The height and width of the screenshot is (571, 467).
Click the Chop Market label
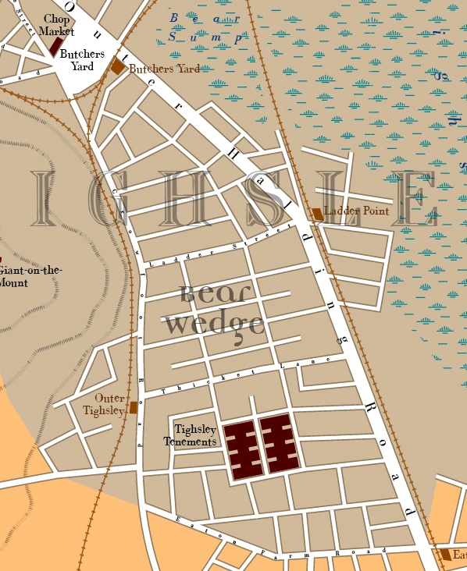click(x=56, y=25)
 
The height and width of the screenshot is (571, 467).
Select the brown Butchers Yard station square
click(x=118, y=67)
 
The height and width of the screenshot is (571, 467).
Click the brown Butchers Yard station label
click(x=164, y=69)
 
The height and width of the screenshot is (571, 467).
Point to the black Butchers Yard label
click(x=82, y=60)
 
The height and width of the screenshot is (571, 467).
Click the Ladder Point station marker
click(x=317, y=213)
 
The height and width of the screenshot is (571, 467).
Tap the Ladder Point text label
click(x=356, y=211)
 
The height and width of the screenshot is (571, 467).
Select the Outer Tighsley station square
click(x=134, y=407)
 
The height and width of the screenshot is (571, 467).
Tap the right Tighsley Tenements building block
click(x=280, y=445)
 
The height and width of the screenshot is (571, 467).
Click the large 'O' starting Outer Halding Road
click(x=70, y=5)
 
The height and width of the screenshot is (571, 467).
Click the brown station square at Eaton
click(x=445, y=555)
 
